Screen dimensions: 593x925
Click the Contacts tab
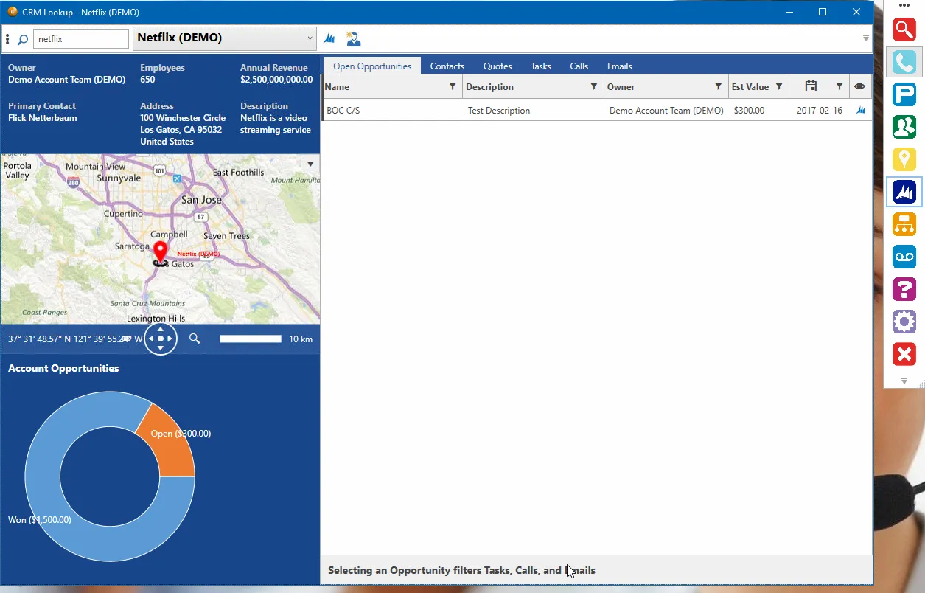447,66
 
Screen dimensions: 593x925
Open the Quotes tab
498,66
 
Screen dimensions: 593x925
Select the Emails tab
619,66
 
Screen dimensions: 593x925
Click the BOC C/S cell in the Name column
343,111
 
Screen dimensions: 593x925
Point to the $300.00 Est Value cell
749,111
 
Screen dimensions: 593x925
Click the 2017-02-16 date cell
819,111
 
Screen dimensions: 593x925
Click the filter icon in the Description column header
593,87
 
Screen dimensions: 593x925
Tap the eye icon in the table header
859,87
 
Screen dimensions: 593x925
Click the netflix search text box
80,38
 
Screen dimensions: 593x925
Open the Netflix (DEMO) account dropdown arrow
310,38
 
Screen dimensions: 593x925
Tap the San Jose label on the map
201,200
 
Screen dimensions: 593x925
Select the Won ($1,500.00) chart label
40,520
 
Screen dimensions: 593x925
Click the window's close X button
856,12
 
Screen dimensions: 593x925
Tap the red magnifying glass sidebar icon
904,30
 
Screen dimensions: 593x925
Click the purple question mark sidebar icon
904,289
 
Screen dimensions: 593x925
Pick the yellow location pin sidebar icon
904,159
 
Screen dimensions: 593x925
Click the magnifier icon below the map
195,339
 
